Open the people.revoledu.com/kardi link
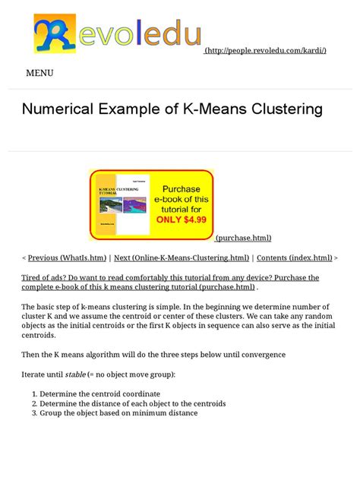click(266, 50)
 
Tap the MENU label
click(39, 74)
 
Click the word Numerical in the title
click(56, 109)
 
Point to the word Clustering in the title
click(281, 109)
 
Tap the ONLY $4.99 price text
click(181, 220)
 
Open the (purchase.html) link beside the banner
click(243, 238)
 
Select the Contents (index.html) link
click(295, 258)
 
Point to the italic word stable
click(75, 374)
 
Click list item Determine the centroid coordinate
click(99, 394)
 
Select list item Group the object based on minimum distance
click(118, 413)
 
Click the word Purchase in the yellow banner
click(180, 189)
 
